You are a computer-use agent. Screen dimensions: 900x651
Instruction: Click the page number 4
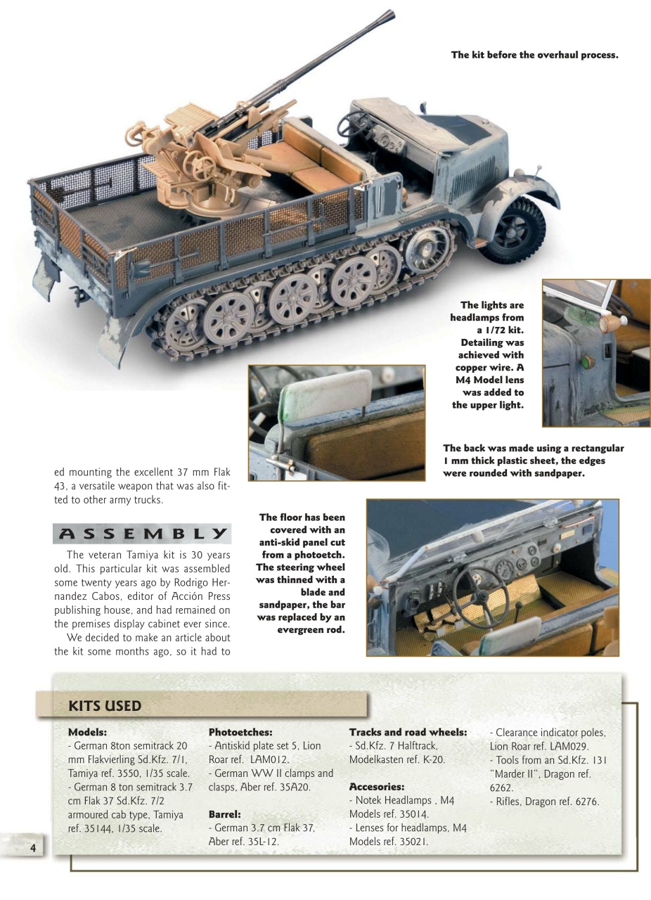(x=32, y=847)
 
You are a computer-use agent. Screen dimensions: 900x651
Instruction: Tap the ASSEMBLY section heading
(x=141, y=534)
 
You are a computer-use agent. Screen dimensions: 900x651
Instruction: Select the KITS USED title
(x=105, y=705)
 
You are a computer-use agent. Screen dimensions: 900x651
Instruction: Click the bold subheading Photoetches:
(x=240, y=732)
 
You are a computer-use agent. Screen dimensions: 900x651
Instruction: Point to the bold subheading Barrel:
(x=225, y=814)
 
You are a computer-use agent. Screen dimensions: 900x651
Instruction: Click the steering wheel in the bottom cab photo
(x=479, y=596)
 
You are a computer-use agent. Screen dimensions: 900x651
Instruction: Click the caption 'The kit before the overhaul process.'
(x=534, y=54)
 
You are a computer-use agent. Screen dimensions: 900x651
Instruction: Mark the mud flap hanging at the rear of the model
(x=115, y=339)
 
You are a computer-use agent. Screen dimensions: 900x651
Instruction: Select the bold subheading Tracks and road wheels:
(x=408, y=732)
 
